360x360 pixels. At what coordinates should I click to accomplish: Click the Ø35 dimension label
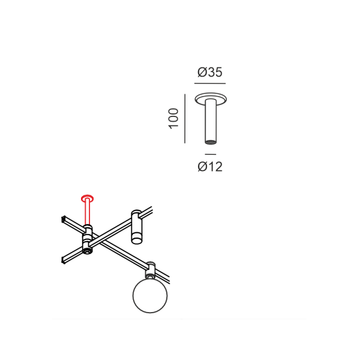pos(210,72)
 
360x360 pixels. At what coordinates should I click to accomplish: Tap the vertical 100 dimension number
pos(173,118)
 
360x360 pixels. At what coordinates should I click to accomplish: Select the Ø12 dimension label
pos(210,166)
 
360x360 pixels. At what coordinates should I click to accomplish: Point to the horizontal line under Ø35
pos(210,83)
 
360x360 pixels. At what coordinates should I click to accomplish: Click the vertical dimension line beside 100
pos(185,118)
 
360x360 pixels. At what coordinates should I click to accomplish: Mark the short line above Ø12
pos(211,154)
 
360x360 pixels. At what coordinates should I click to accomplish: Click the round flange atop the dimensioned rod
pos(211,98)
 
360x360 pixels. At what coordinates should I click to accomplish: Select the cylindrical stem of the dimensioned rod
pos(211,121)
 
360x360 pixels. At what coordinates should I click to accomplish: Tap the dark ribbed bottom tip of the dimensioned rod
pos(211,142)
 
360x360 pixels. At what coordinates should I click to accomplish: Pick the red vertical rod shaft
pos(88,212)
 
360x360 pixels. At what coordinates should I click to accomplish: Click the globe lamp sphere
pos(150,295)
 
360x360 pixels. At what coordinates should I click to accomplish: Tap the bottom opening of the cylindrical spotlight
pos(137,241)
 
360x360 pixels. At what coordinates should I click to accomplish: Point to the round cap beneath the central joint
pos(88,251)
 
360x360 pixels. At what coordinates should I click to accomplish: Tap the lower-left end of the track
pos(64,259)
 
